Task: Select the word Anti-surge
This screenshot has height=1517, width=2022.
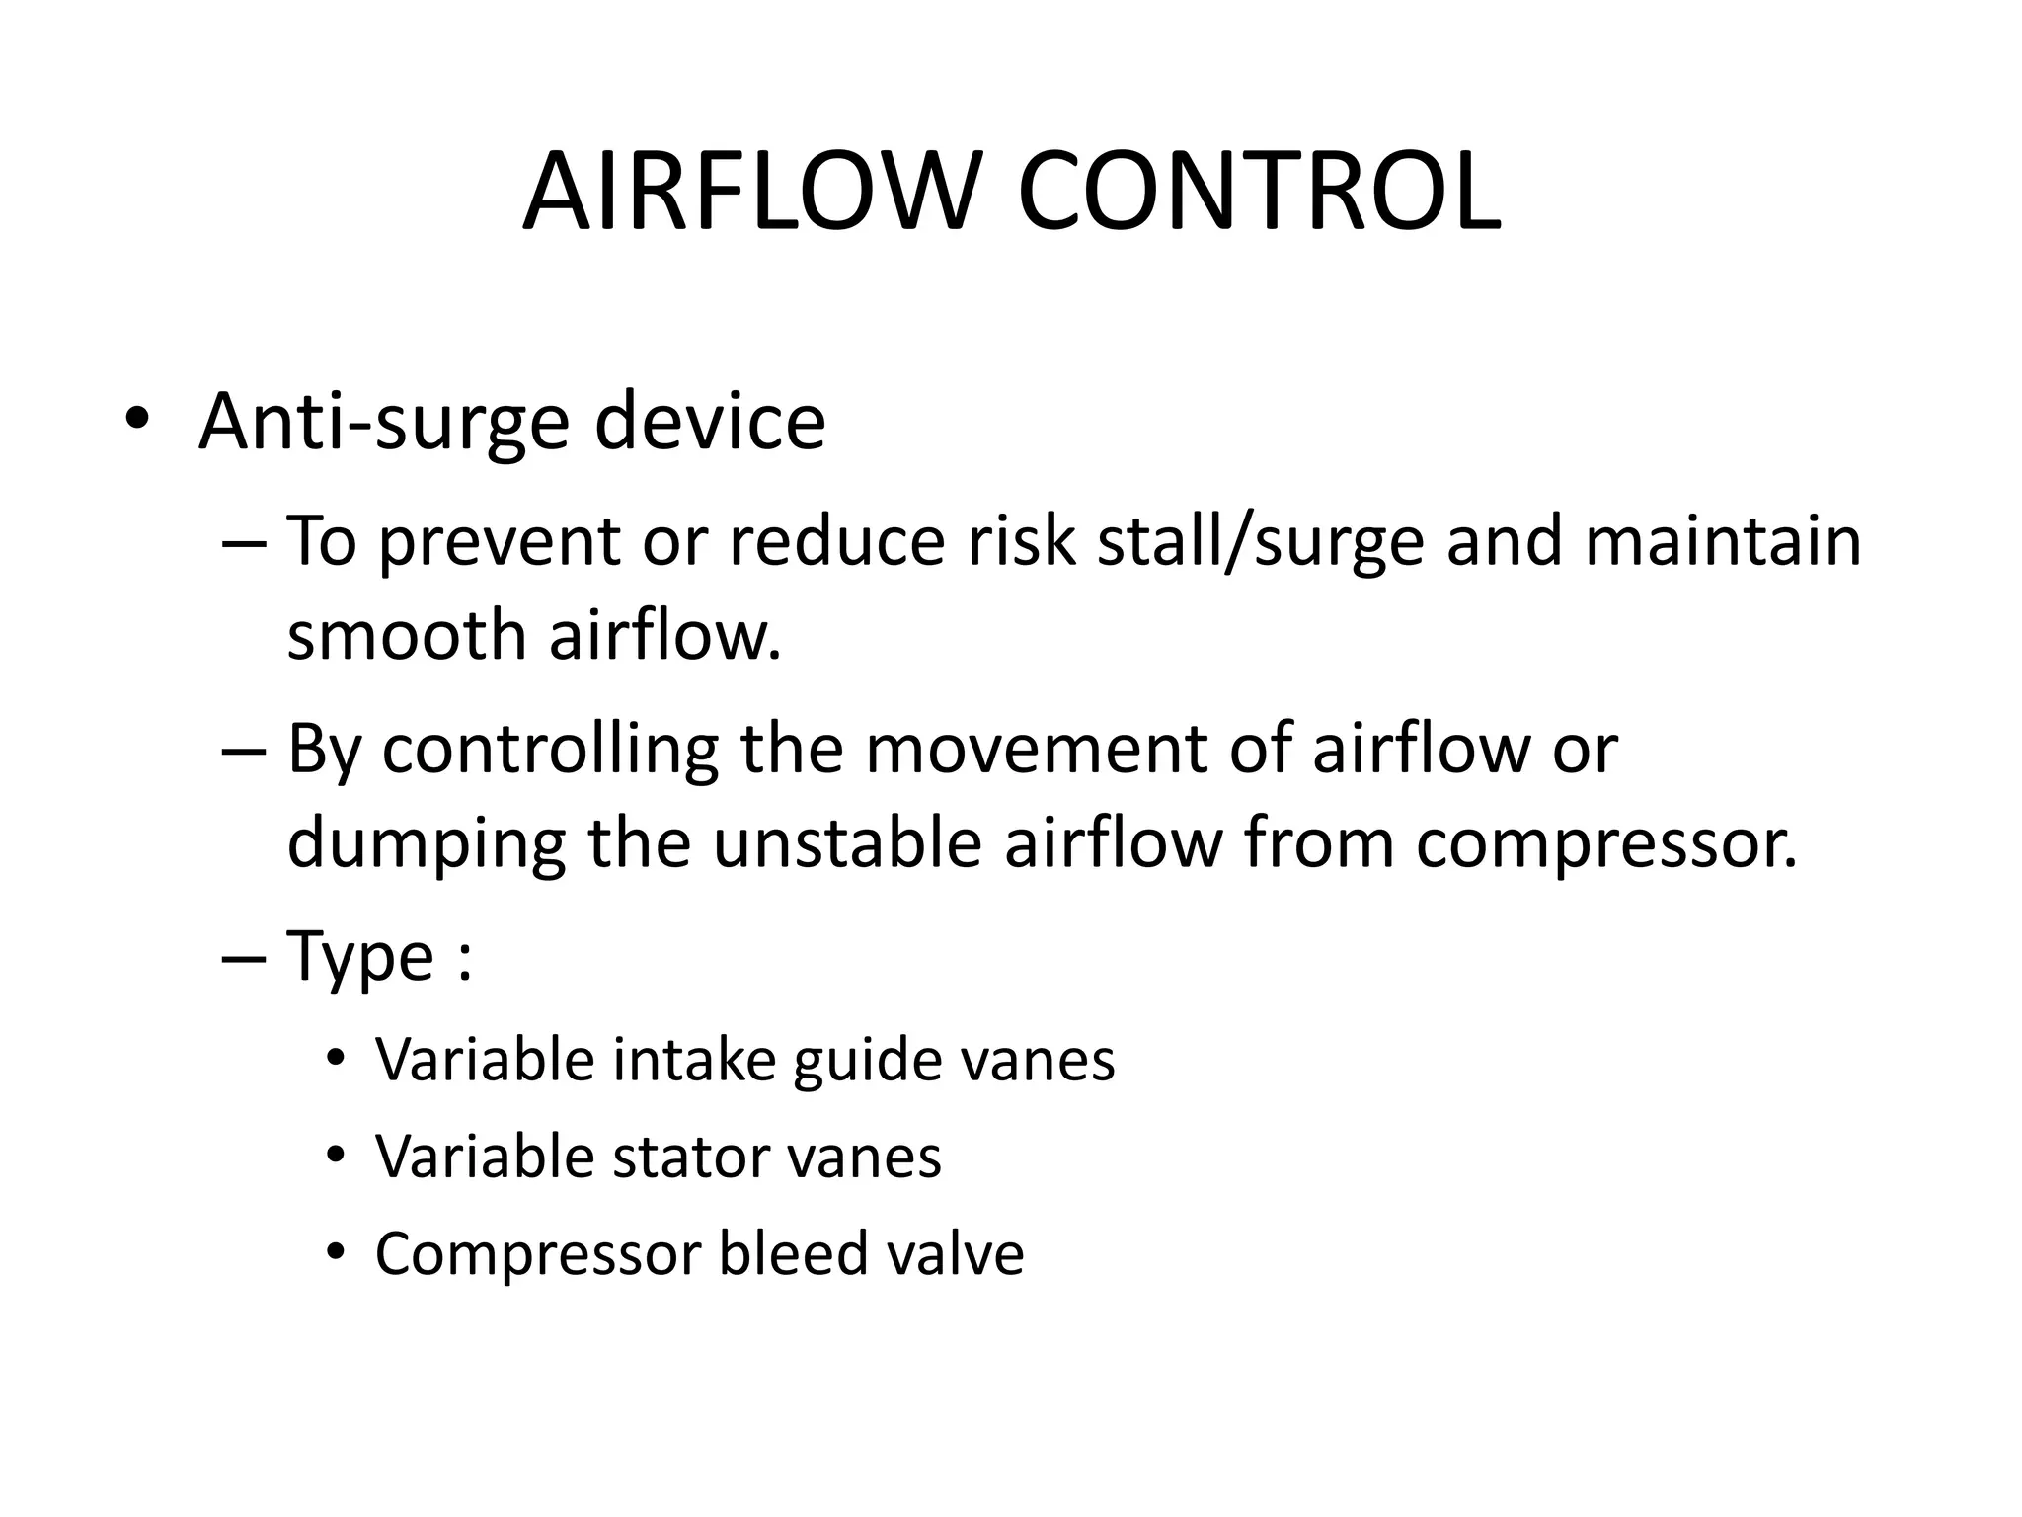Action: click(x=383, y=423)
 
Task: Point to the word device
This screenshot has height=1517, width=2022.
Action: click(x=710, y=423)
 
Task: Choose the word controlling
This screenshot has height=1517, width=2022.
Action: click(x=551, y=749)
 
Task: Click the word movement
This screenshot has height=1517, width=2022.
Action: click(x=1036, y=749)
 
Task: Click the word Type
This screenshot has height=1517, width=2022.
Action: click(x=360, y=957)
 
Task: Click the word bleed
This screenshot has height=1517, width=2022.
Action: click(x=780, y=1253)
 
